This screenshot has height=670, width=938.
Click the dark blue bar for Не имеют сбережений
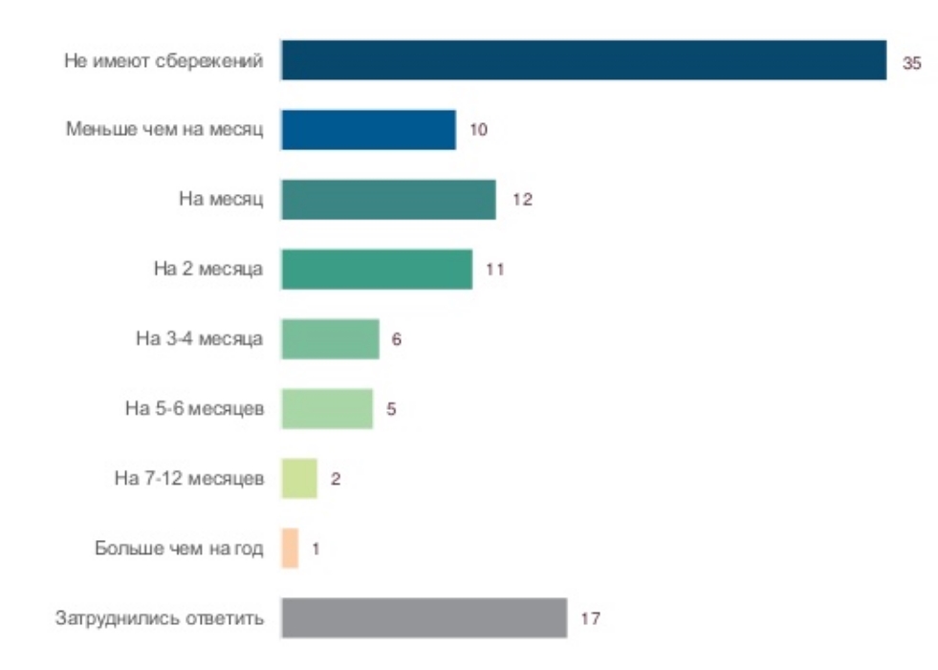pyautogui.click(x=583, y=61)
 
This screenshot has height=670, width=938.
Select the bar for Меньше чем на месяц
pyautogui.click(x=368, y=130)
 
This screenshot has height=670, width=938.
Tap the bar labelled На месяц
pyautogui.click(x=388, y=200)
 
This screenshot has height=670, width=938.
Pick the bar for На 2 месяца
pyautogui.click(x=377, y=270)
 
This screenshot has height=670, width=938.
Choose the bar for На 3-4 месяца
pyautogui.click(x=330, y=339)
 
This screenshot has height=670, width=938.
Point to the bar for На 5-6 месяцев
pyautogui.click(x=326, y=409)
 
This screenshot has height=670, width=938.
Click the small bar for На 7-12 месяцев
pyautogui.click(x=298, y=479)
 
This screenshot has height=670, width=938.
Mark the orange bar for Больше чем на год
pyautogui.click(x=290, y=549)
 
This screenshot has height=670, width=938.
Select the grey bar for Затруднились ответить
pyautogui.click(x=424, y=618)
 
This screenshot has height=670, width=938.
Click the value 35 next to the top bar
pyautogui.click(x=911, y=64)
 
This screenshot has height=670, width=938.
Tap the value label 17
pyautogui.click(x=589, y=619)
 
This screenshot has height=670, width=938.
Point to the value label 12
pyautogui.click(x=521, y=201)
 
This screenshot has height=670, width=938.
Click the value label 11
pyautogui.click(x=494, y=270)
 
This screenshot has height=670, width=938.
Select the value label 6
pyautogui.click(x=396, y=340)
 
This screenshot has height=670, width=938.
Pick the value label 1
pyautogui.click(x=316, y=550)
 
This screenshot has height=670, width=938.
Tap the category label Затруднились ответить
pyautogui.click(x=159, y=618)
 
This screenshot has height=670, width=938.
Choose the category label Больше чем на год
pyautogui.click(x=179, y=549)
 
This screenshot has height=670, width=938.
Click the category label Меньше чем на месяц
pyautogui.click(x=164, y=130)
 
